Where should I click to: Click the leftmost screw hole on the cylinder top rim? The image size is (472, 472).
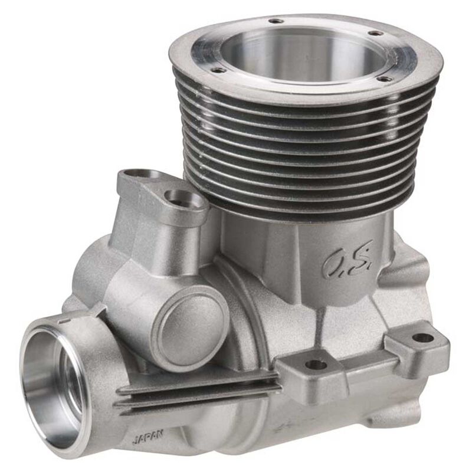point(219,70)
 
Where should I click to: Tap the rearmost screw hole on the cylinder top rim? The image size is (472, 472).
point(276,21)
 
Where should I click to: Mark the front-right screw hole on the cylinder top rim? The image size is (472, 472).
point(384,78)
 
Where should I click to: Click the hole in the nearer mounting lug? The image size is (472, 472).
point(316,365)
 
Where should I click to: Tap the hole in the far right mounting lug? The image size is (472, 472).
point(422,338)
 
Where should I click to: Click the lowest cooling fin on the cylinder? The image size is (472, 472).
point(307,204)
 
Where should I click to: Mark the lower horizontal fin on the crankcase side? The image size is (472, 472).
point(195,396)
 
